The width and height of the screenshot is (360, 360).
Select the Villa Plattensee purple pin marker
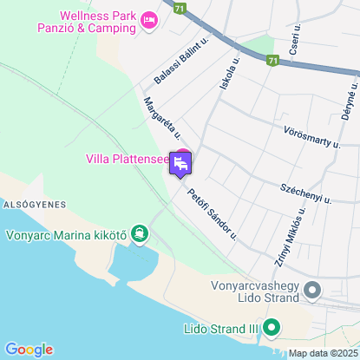180,163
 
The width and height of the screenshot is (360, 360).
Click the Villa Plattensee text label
128,159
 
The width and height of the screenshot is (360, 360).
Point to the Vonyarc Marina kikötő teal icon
139,233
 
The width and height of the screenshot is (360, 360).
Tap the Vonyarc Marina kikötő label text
66,233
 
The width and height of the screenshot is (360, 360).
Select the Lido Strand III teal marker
271,329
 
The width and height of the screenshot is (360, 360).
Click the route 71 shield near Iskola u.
272,61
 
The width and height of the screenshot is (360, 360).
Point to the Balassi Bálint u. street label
182,59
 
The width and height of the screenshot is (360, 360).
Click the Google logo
29,349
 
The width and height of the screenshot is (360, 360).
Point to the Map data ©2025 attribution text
321,353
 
